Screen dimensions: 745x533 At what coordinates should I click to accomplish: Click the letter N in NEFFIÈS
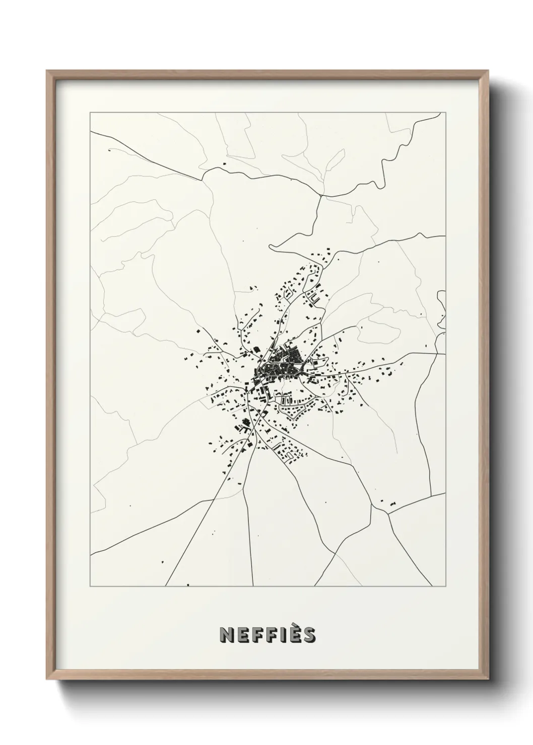[x=227, y=635]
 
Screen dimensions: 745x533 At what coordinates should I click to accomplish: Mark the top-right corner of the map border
[x=446, y=113]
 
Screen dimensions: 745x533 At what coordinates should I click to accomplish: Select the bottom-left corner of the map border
[x=90, y=586]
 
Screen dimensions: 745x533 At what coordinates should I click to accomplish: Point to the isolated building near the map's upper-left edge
[x=109, y=150]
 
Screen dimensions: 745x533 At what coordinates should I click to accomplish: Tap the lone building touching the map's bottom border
[x=187, y=584]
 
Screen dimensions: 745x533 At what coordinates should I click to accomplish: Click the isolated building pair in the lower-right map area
[x=392, y=503]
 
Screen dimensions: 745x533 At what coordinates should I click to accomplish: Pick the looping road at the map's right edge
[x=441, y=305]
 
